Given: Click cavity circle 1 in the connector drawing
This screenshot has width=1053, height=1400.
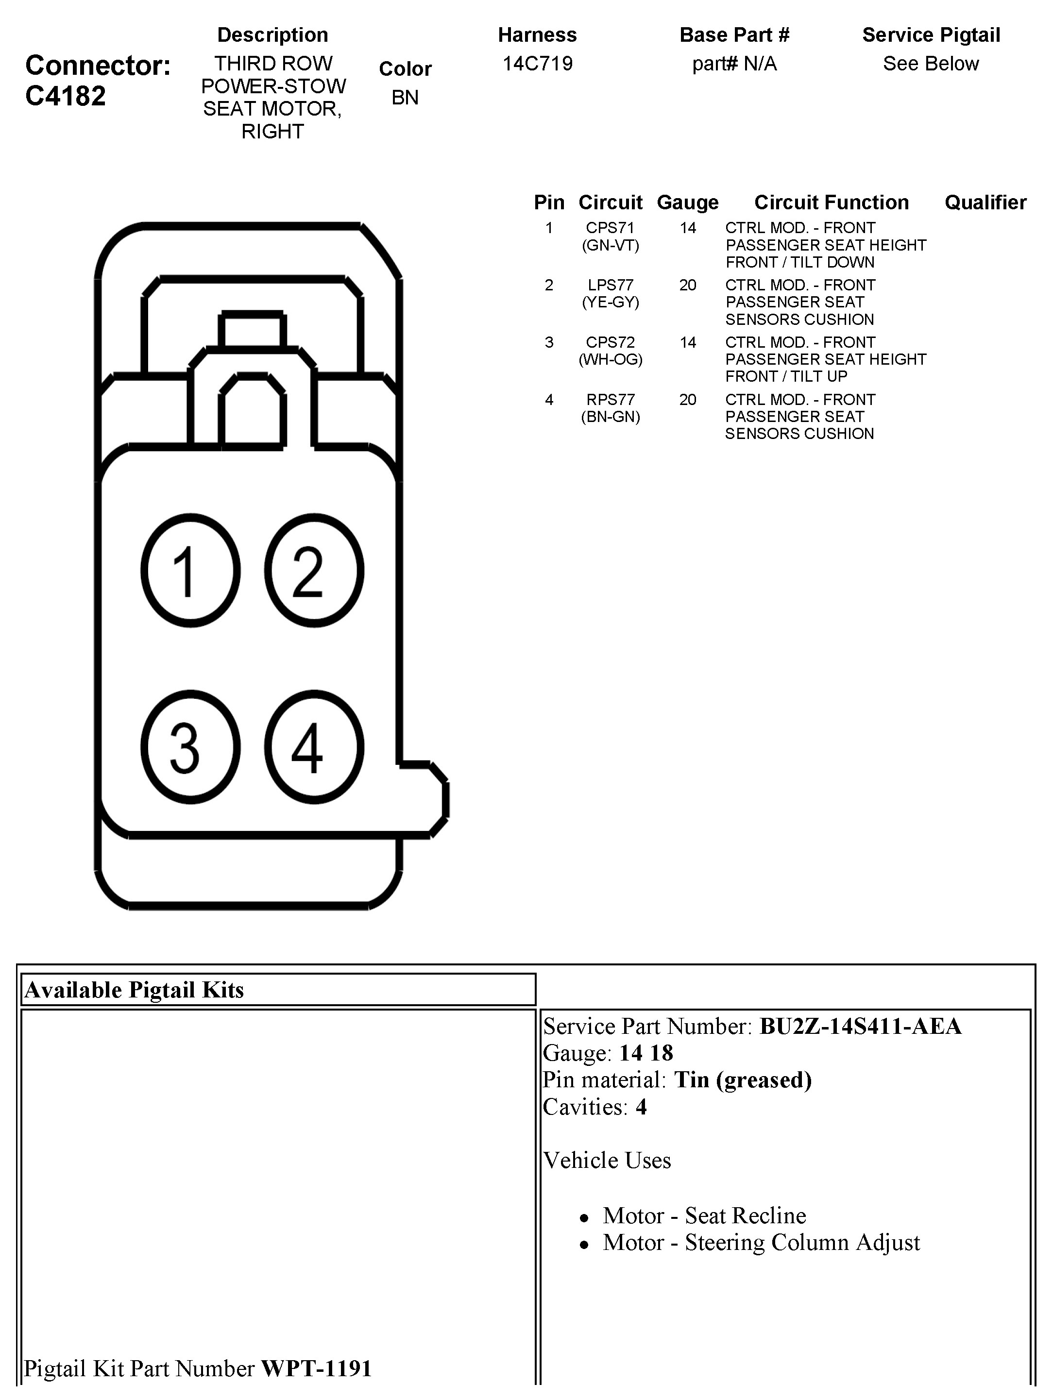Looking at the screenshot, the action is pos(190,570).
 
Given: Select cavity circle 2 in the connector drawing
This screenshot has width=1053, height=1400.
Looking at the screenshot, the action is pos(314,570).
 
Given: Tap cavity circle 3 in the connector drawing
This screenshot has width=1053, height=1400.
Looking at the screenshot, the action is pos(190,747).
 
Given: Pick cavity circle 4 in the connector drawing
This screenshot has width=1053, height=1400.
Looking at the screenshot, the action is pos(314,747).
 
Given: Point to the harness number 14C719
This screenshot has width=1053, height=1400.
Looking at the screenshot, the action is pos(538,63).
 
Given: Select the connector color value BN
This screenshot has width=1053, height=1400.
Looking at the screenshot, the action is pos(405,98).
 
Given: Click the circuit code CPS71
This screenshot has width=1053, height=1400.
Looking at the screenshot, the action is pos(610,228).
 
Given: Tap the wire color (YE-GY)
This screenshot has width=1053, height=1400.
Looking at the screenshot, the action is pos(611,303).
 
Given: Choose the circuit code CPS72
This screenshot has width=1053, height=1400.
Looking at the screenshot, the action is pos(610,342).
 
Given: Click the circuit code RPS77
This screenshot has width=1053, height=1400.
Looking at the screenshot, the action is pos(611,399).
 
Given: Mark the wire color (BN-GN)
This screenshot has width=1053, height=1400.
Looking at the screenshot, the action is pos(611,417).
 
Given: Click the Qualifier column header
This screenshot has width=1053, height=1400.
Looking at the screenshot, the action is pos(985,202).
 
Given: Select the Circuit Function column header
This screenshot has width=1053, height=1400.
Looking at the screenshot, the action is pos(832,202).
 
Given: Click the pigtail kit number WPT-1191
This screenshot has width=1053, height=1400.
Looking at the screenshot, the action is pos(316,1368).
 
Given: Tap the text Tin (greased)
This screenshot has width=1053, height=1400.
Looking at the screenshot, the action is pos(743,1080).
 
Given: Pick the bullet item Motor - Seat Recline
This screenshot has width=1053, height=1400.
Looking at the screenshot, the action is pos(704,1215).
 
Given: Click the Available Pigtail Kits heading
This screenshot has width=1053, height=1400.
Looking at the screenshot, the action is pos(134,990).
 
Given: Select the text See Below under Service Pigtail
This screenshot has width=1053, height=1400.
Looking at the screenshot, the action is pos(931,64).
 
